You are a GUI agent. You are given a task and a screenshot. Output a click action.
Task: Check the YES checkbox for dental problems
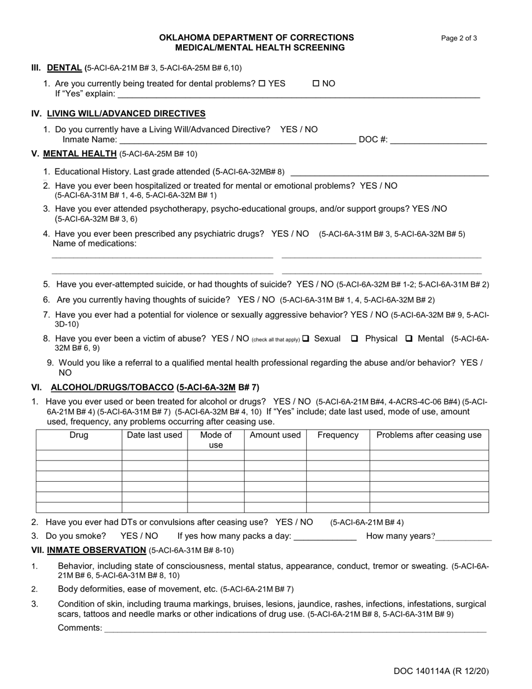click(262, 83)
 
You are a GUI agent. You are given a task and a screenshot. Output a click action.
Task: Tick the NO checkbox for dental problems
click(316, 83)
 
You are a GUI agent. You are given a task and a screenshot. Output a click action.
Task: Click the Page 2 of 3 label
click(459, 38)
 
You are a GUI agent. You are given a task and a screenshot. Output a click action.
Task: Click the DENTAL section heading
click(64, 68)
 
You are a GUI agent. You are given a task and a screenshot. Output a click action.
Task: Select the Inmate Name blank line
click(237, 140)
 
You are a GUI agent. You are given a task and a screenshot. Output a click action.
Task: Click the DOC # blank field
click(438, 140)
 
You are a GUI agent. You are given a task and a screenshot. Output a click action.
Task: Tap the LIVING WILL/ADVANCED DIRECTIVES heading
click(126, 114)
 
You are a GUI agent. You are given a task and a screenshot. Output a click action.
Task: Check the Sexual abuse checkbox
click(306, 338)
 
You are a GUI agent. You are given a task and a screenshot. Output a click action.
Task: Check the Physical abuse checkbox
click(354, 338)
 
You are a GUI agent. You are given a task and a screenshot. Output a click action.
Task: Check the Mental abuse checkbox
click(409, 338)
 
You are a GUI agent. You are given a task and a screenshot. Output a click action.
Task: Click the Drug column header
click(79, 435)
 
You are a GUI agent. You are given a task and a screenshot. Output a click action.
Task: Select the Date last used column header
click(155, 435)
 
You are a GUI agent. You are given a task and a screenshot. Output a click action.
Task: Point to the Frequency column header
click(338, 435)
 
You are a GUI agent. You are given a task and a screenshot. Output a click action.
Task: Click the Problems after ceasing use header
click(429, 435)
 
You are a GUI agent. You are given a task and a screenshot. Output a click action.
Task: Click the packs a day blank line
click(325, 537)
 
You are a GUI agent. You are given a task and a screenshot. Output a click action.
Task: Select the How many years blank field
click(464, 537)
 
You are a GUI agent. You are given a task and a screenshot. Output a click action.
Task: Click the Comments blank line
click(295, 629)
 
